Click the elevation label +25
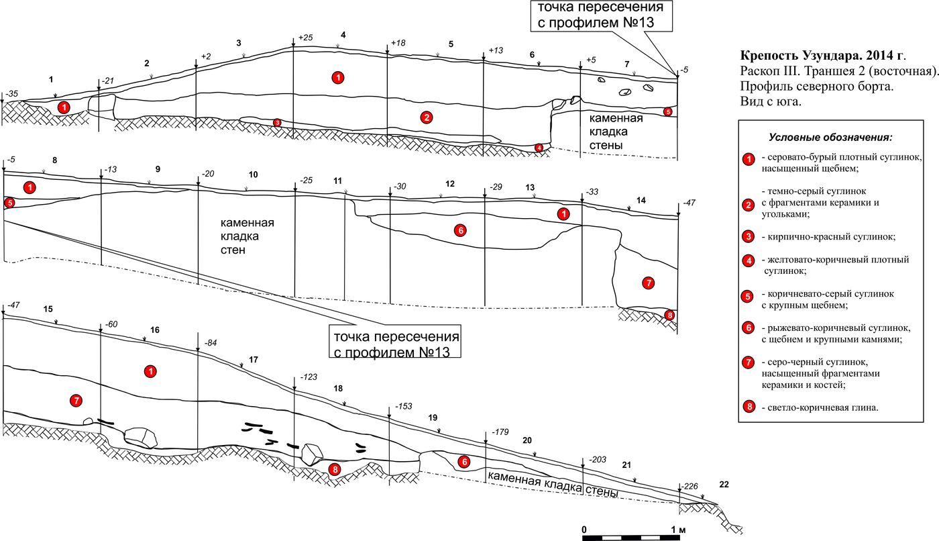click(306, 38)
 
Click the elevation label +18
click(398, 43)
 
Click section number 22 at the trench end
click(724, 484)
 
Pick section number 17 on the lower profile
click(253, 360)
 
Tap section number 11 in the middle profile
click(337, 181)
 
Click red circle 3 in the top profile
click(277, 123)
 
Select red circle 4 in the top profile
click(539, 148)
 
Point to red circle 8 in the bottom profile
click(334, 469)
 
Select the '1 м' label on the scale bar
click(677, 530)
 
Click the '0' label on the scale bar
click(584, 530)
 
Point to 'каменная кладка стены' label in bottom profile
click(553, 485)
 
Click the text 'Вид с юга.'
click(771, 102)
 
